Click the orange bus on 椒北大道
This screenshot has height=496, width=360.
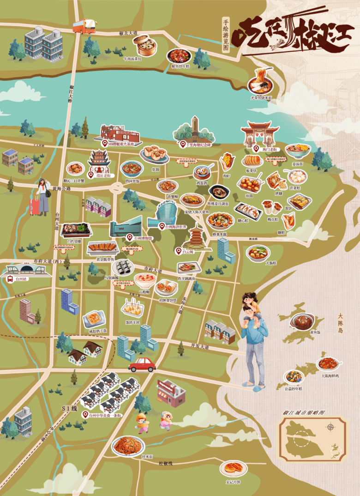tap(84, 26)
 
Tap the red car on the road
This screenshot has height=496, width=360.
tap(142, 365)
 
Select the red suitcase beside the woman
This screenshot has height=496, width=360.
tap(35, 206)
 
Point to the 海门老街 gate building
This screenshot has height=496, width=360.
tap(260, 133)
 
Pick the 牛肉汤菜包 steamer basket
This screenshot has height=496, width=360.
tap(143, 45)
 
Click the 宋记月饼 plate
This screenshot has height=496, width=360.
tap(233, 468)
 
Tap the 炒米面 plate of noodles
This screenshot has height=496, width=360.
tap(128, 446)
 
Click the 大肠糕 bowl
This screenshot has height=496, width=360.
tap(258, 253)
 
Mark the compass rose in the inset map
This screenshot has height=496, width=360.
tap(330, 427)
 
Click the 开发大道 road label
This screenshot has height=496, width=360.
tap(200, 346)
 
